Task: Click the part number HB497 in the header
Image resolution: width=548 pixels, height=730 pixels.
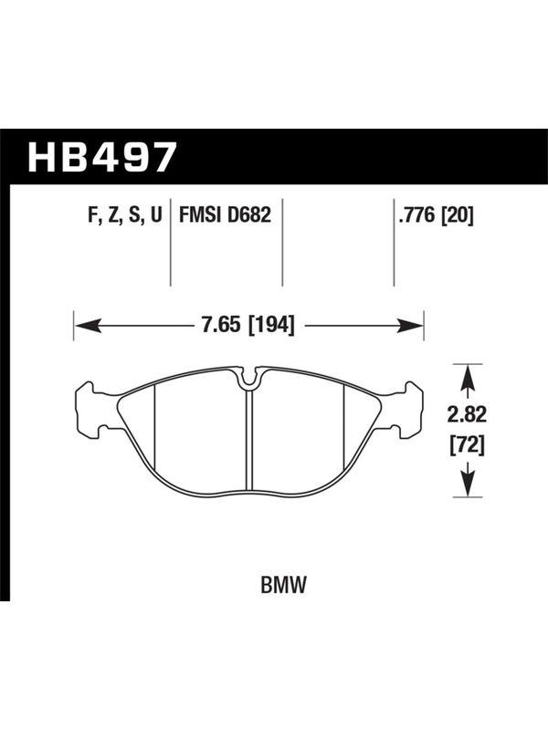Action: point(102,157)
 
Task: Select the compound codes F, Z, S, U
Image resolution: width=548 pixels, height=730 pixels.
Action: point(124,216)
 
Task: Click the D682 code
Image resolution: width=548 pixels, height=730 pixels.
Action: point(249,215)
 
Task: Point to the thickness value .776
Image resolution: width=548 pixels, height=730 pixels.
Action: point(416,215)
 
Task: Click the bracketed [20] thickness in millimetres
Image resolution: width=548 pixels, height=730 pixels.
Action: point(456,215)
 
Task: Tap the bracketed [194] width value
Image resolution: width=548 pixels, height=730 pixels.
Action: point(272,325)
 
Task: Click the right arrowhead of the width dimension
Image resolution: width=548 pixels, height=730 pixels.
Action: point(409,325)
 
